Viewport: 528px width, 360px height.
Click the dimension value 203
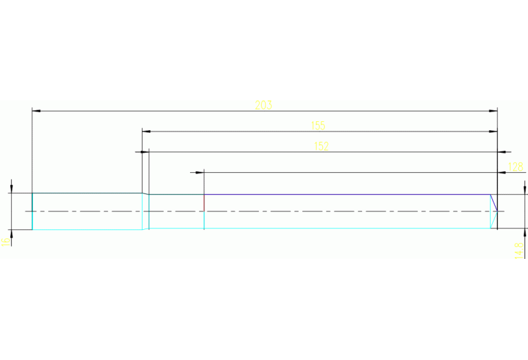(x=264, y=105)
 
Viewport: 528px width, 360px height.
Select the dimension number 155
(x=317, y=125)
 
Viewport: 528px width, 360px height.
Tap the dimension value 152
(x=321, y=146)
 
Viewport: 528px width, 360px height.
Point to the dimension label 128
(x=515, y=167)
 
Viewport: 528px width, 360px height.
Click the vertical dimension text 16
(x=5, y=241)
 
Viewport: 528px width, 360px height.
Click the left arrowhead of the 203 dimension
(x=36, y=110)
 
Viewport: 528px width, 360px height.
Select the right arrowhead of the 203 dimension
(x=493, y=110)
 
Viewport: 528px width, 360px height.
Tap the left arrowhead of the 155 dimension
(x=146, y=131)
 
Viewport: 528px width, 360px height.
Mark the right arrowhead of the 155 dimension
(x=493, y=131)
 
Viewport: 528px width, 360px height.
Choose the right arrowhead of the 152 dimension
(x=506, y=151)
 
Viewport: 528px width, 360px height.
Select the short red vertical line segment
(x=204, y=202)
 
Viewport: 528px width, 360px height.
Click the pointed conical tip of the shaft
(x=497, y=211)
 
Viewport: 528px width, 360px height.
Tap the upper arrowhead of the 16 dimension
(x=12, y=188)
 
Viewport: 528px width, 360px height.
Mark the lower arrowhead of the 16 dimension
(x=12, y=234)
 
